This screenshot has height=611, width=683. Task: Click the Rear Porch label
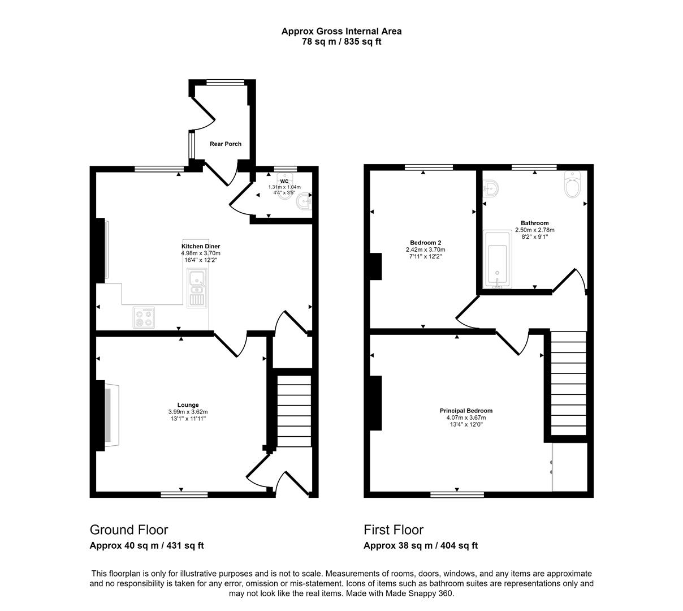pyautogui.click(x=225, y=144)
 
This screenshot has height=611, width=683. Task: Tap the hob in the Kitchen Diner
pyautogui.click(x=144, y=317)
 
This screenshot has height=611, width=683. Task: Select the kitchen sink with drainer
pyautogui.click(x=197, y=288)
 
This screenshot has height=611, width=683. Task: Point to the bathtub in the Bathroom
pyautogui.click(x=497, y=260)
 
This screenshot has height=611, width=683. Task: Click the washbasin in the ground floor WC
pyautogui.click(x=304, y=201)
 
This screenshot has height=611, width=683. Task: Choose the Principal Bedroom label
pyautogui.click(x=466, y=411)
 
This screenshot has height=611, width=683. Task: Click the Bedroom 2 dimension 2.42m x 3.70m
pyautogui.click(x=425, y=249)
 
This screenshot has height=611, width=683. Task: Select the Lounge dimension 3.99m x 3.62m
pyautogui.click(x=188, y=412)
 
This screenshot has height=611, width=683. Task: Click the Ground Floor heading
pyautogui.click(x=129, y=530)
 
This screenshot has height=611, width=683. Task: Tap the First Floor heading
pyautogui.click(x=394, y=530)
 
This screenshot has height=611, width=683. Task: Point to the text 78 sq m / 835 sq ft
pyautogui.click(x=341, y=42)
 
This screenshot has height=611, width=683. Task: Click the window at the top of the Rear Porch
pyautogui.click(x=225, y=82)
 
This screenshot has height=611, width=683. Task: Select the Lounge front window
pyautogui.click(x=184, y=494)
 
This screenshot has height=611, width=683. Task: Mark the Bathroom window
pyautogui.click(x=534, y=167)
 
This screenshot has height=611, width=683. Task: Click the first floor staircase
pyautogui.click(x=568, y=384)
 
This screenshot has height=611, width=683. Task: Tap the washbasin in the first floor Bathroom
pyautogui.click(x=491, y=188)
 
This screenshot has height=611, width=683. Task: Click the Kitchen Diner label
pyautogui.click(x=201, y=246)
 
